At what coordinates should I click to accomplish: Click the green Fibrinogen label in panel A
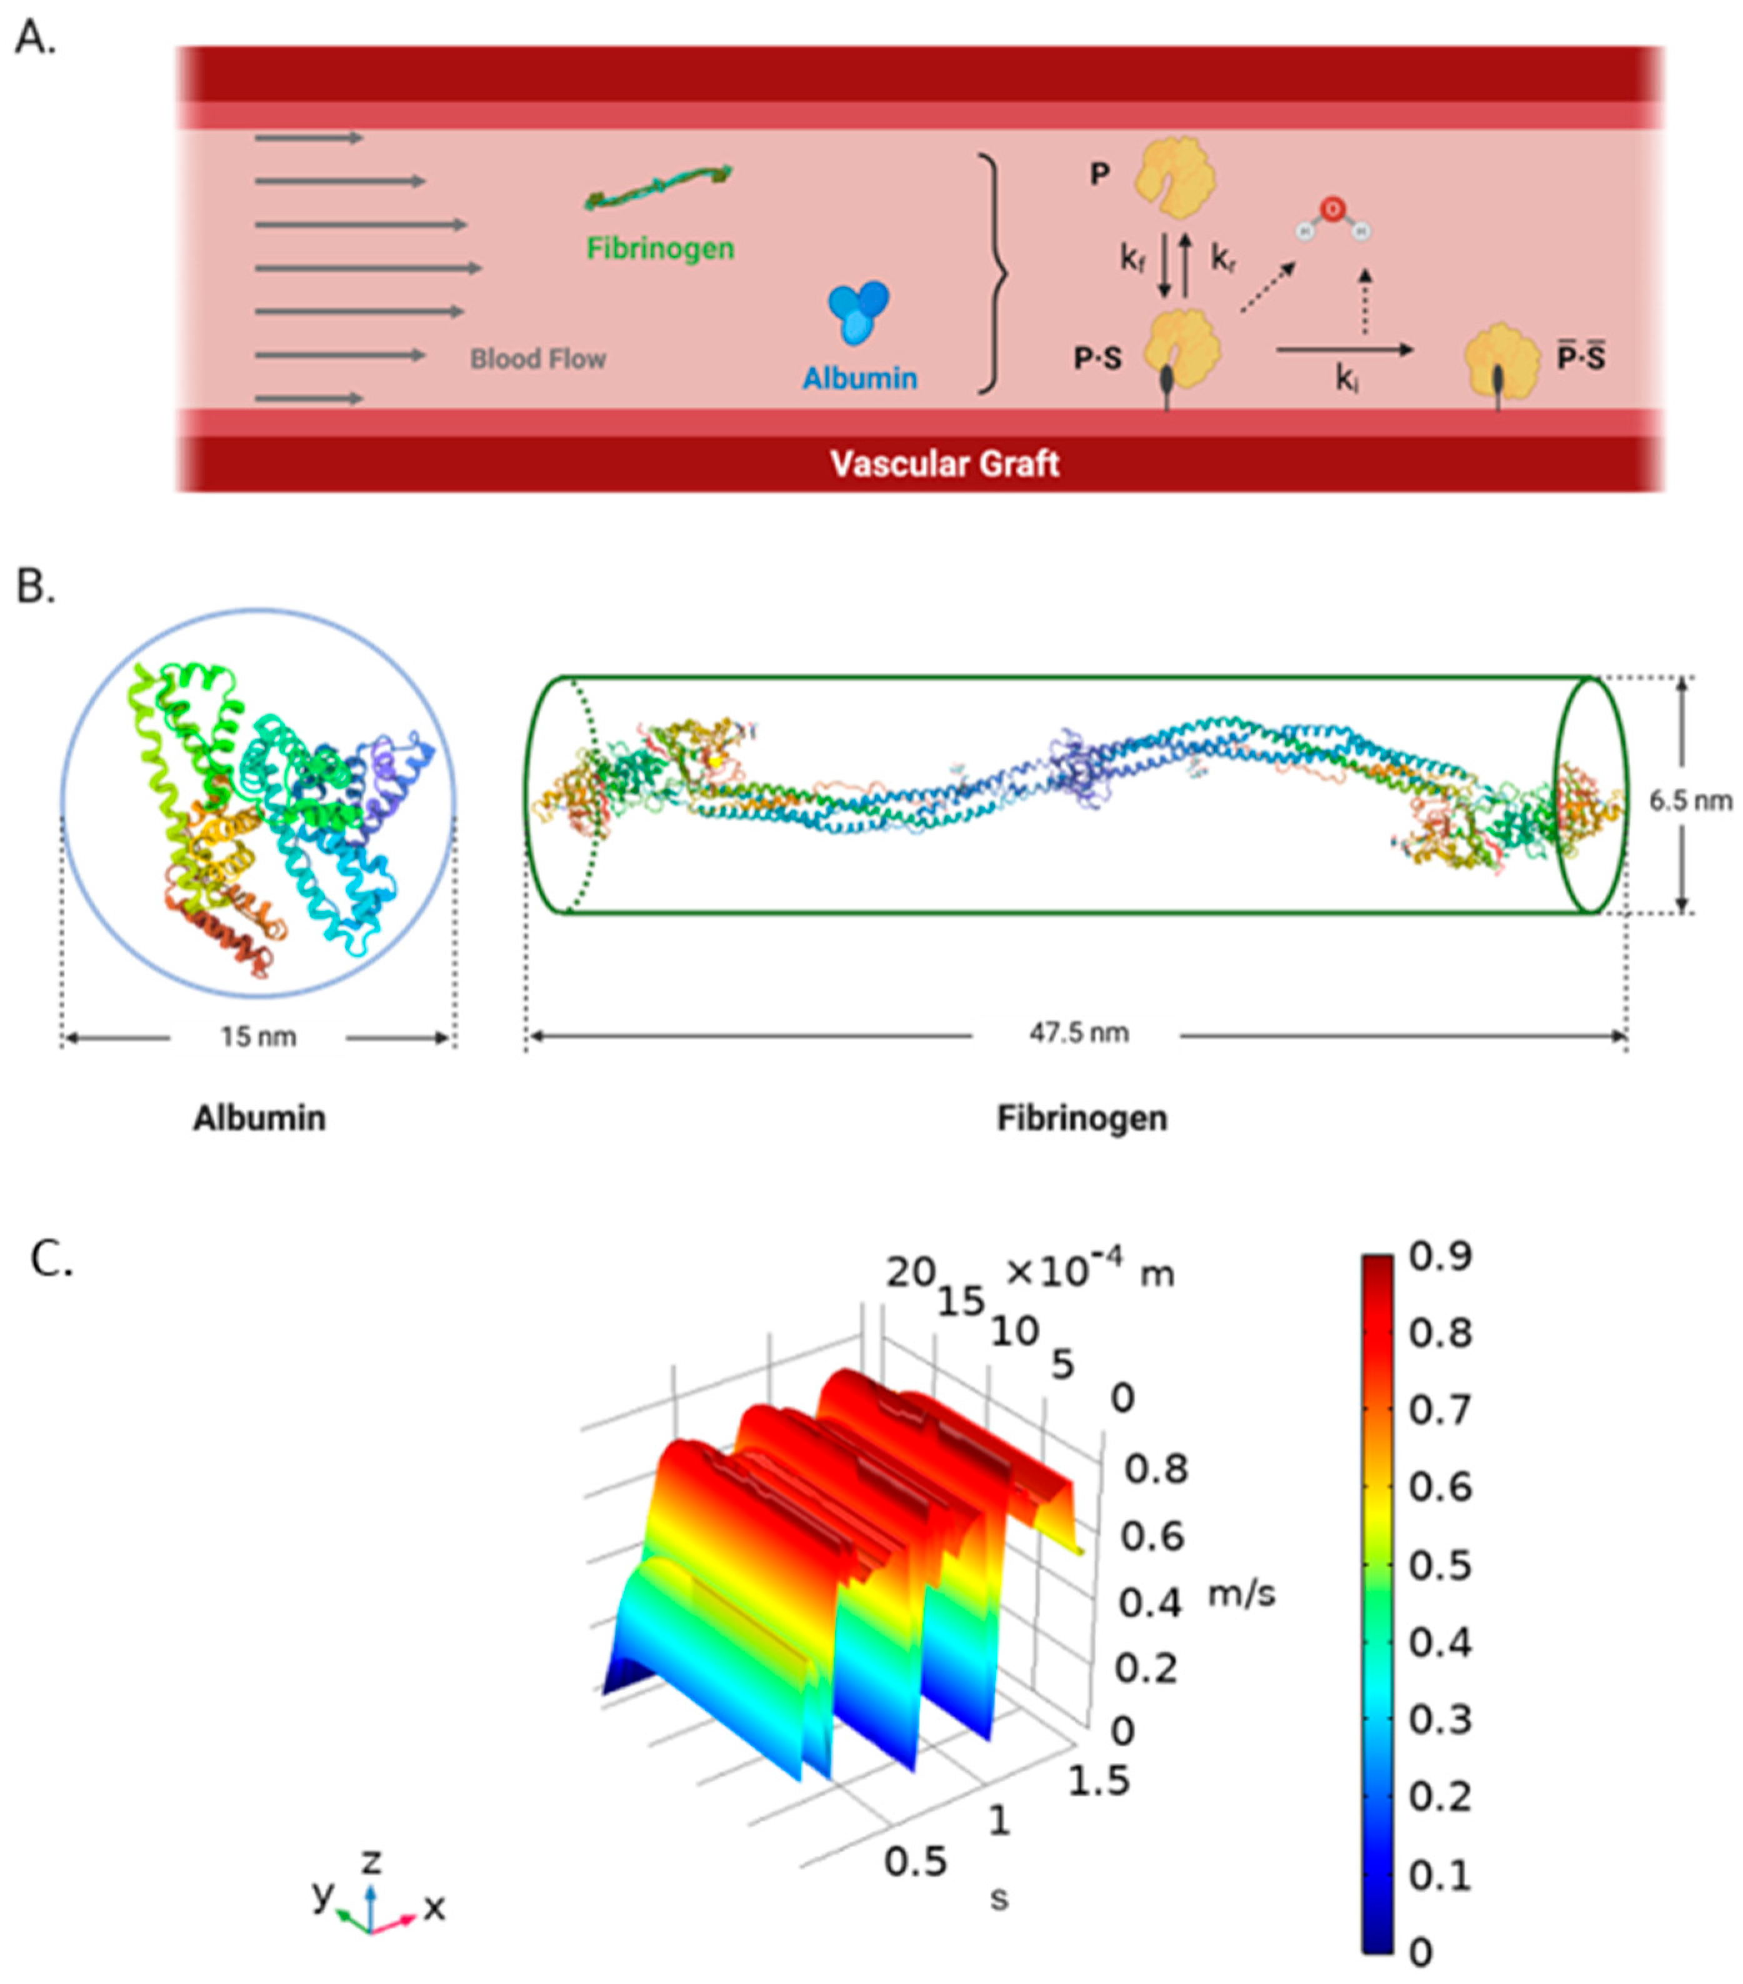(x=660, y=249)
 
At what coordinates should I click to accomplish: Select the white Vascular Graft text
(x=943, y=463)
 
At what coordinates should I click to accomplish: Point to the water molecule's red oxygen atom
(x=1332, y=207)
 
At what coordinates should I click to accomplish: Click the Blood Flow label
(x=537, y=359)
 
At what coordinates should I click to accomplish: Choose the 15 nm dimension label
(x=257, y=1037)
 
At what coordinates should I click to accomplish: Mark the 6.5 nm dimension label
(x=1691, y=800)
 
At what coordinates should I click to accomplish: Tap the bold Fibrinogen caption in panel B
(x=1081, y=1118)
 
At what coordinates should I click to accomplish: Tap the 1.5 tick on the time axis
(x=1099, y=1780)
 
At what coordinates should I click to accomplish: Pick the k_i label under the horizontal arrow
(x=1345, y=379)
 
